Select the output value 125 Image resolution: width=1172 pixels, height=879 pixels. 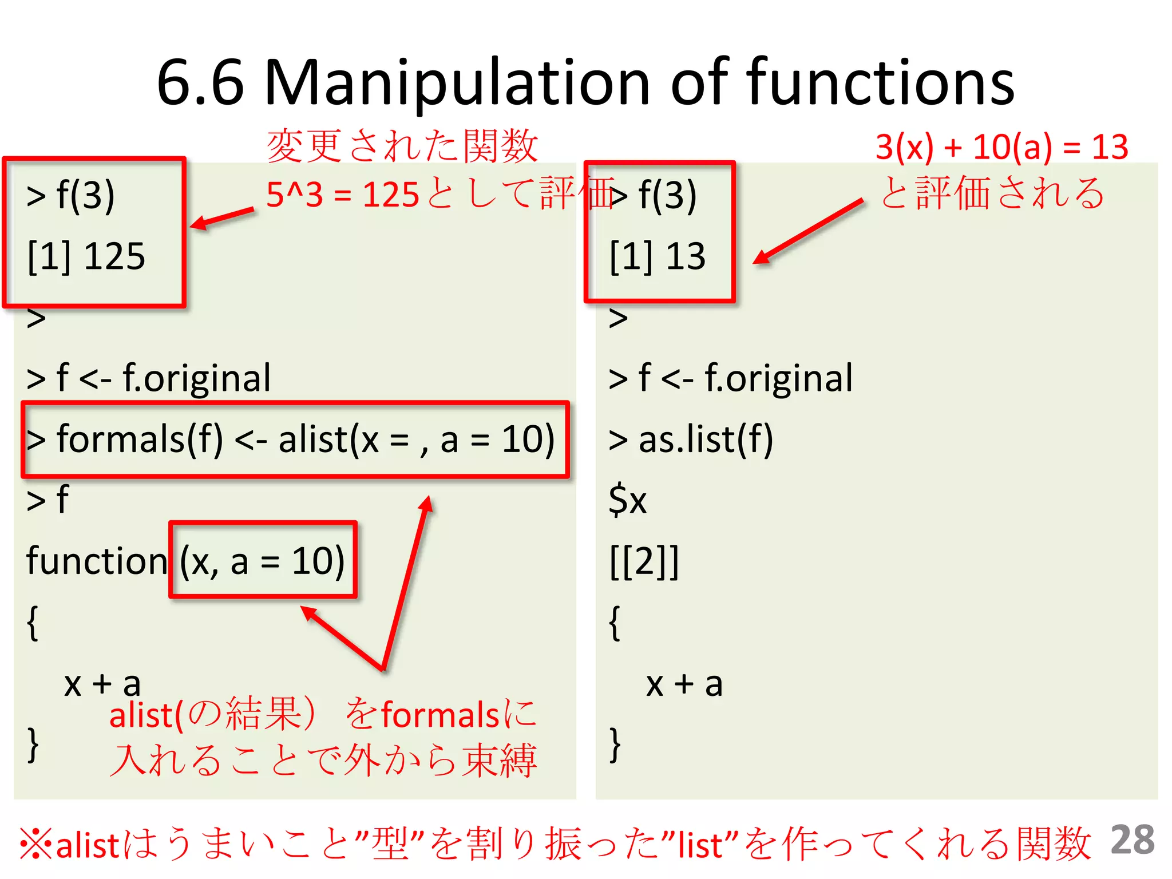[114, 256]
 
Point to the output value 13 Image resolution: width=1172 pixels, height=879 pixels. [686, 256]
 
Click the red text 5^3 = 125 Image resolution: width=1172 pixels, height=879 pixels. [343, 195]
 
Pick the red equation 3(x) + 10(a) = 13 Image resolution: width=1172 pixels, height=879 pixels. [1001, 147]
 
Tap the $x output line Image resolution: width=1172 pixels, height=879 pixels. [627, 500]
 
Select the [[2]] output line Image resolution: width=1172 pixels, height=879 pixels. [644, 561]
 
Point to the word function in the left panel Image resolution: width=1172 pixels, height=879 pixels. [96, 561]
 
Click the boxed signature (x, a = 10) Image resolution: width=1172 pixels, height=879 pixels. [262, 561]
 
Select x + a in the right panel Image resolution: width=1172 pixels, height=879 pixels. [684, 684]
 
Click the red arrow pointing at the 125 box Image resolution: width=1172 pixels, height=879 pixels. [222, 219]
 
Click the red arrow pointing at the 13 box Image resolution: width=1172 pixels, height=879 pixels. [807, 231]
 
